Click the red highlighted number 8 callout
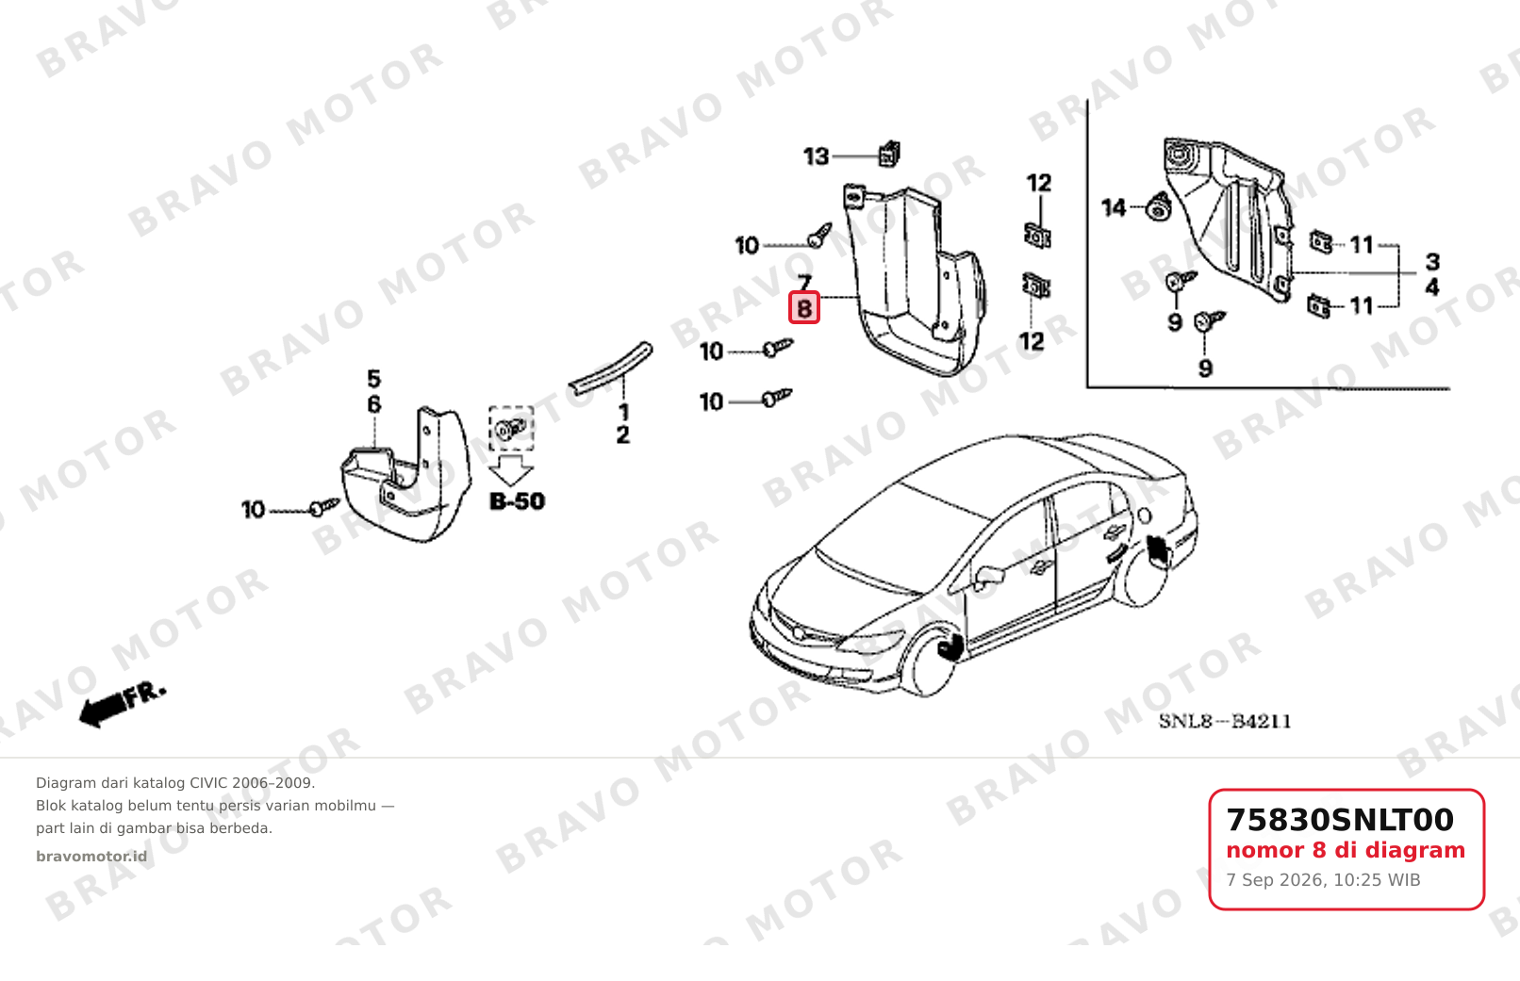[x=804, y=308]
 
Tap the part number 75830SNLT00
[x=1340, y=820]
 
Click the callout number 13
[x=817, y=157]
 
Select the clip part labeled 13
[x=889, y=154]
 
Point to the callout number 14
[x=1114, y=207]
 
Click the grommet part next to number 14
[x=1158, y=206]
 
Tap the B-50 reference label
[x=517, y=501]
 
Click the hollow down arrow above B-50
[x=511, y=470]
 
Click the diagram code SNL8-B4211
[x=1225, y=721]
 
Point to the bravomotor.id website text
[x=91, y=857]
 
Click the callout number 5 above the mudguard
[x=374, y=378]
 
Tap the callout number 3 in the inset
[x=1432, y=262]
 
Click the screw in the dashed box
[x=510, y=429]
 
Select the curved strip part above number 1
[x=611, y=368]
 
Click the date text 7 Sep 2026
[x=1275, y=880]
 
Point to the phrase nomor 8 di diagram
[x=1346, y=850]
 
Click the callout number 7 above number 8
[x=804, y=282]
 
